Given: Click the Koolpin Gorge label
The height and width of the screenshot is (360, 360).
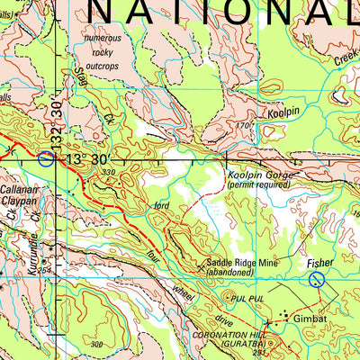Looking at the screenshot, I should coord(259,174).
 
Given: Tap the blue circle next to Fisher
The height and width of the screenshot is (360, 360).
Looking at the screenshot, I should coord(317,280).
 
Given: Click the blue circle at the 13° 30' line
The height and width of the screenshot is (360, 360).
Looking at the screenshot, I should coord(47,159).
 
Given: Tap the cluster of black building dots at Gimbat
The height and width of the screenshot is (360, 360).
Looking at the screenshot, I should coord(288,316).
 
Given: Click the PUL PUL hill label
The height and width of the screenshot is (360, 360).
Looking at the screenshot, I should coord(244,294).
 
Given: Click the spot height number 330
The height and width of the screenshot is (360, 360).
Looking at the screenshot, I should coord(110,171).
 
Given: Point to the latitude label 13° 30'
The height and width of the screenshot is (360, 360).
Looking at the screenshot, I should coord(88,158).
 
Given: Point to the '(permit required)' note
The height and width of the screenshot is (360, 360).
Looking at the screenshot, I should coord(259,184).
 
